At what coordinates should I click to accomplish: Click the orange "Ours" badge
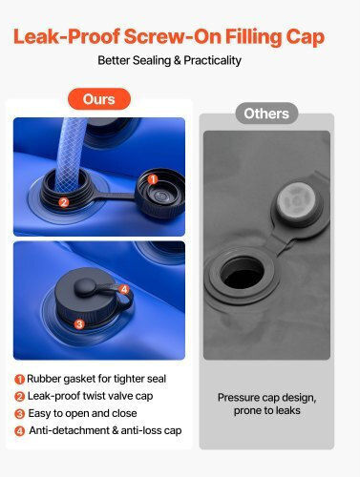point(99,99)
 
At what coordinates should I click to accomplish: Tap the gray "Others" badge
point(266,114)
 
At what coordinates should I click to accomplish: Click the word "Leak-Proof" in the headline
point(67,36)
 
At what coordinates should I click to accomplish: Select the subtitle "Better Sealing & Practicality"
point(169,60)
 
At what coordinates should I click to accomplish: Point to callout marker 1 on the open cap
point(153,179)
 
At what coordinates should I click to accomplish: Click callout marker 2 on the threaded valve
point(64,202)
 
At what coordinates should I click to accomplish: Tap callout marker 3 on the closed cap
point(79,324)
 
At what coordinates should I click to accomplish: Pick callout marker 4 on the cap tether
point(124,289)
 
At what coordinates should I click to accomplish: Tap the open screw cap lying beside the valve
point(161,193)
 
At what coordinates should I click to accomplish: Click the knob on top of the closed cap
point(85,287)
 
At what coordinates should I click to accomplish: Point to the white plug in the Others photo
point(296,200)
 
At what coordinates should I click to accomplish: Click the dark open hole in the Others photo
point(243,274)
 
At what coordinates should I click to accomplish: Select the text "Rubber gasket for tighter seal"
point(96,379)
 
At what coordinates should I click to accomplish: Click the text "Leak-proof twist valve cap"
point(90,396)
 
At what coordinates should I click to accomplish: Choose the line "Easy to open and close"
point(82,413)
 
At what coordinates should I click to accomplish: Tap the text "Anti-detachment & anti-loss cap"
point(105,430)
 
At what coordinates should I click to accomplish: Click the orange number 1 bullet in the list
point(19,379)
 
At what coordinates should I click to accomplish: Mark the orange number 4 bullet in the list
point(19,431)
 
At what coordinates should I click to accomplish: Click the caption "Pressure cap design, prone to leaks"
point(266,404)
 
